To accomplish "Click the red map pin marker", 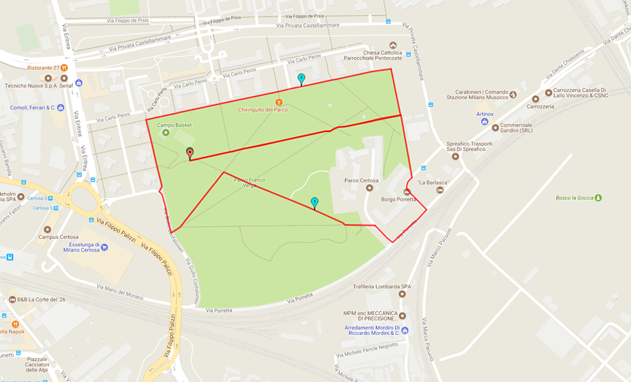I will tap(190, 154).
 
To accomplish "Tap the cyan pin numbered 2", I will tap(301, 79).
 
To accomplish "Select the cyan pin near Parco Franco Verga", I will tap(314, 203).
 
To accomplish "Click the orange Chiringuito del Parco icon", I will tap(279, 102).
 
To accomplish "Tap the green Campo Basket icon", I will tap(165, 133).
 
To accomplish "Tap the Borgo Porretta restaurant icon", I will tap(407, 192).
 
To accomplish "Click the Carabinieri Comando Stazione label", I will tap(480, 94).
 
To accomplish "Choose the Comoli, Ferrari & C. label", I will tap(32, 108).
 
